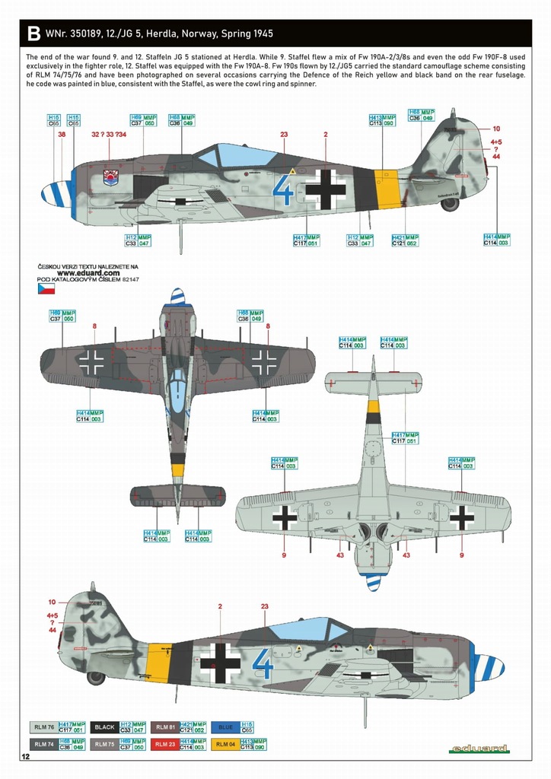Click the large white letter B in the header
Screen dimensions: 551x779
pyautogui.click(x=33, y=34)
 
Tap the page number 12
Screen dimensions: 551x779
pyautogui.click(x=26, y=757)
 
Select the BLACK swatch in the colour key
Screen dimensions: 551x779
pyautogui.click(x=104, y=727)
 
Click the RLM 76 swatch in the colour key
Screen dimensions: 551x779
pyautogui.click(x=43, y=727)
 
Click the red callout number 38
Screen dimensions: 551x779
pyautogui.click(x=62, y=135)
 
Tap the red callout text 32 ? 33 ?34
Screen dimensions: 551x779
pyautogui.click(x=109, y=135)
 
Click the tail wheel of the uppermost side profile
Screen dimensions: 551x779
pyautogui.click(x=450, y=203)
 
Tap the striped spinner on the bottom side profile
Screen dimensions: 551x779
pyautogui.click(x=489, y=668)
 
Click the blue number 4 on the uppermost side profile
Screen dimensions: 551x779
pyautogui.click(x=282, y=189)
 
